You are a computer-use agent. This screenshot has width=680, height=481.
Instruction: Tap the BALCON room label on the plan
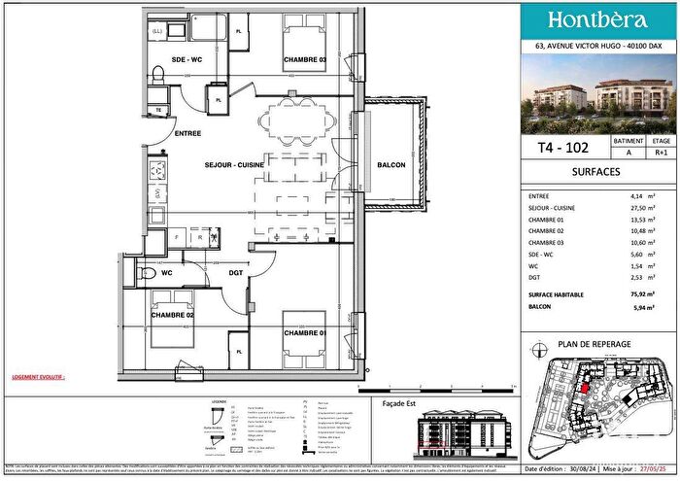364,165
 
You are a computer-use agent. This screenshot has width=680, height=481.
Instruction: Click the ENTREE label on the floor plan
187,132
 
